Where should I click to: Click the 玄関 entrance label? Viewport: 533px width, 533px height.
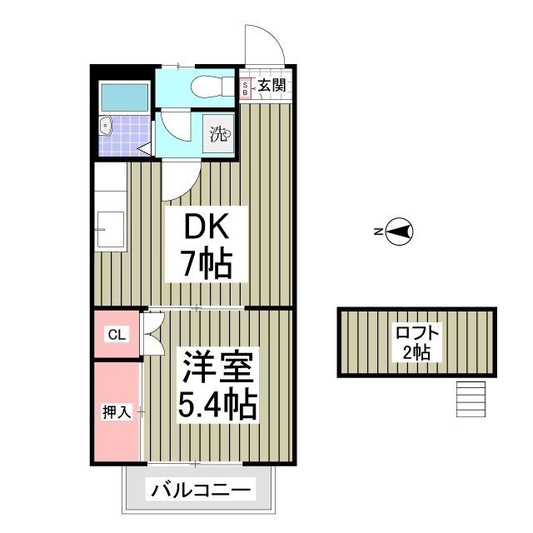click(x=271, y=85)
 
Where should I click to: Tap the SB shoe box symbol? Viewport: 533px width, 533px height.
click(x=246, y=88)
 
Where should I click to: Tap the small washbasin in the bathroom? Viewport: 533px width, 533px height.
click(x=106, y=127)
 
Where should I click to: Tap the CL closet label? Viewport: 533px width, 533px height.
click(x=116, y=335)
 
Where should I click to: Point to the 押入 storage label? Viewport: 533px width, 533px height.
click(x=117, y=411)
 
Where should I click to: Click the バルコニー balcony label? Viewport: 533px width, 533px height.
click(x=200, y=490)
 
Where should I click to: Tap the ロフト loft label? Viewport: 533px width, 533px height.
click(x=416, y=331)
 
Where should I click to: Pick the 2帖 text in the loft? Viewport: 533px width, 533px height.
click(x=416, y=352)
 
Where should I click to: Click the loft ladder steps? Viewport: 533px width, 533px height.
click(x=471, y=400)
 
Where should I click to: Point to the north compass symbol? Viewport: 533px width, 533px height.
click(x=400, y=232)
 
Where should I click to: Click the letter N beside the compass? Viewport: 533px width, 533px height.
click(x=377, y=232)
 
